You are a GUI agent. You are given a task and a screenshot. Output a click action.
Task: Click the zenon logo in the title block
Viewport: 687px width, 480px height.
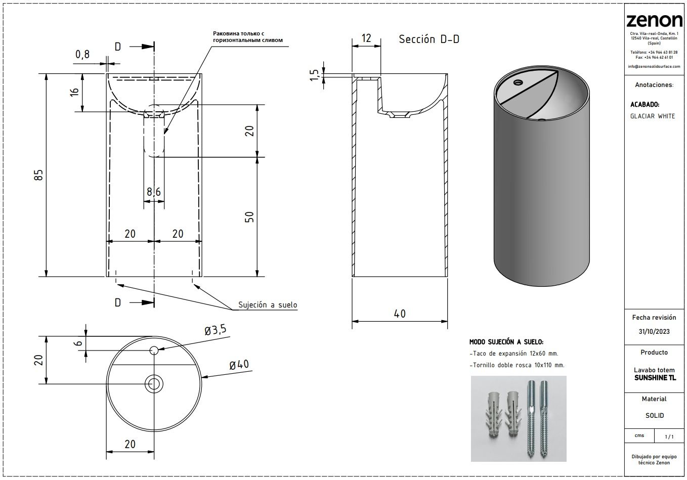(x=654, y=21)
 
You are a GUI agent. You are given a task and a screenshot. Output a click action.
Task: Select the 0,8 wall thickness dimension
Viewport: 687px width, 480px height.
(x=82, y=55)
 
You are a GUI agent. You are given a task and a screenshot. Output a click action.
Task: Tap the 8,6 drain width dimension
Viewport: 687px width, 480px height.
(x=154, y=192)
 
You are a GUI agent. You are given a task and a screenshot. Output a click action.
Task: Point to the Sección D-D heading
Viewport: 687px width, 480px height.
(x=428, y=39)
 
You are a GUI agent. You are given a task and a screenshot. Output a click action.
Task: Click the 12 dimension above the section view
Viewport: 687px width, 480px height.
(x=367, y=38)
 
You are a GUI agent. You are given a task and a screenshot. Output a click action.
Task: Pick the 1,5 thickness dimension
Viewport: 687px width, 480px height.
(x=315, y=75)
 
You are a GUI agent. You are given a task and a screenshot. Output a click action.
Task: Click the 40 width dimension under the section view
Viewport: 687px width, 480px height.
(x=400, y=314)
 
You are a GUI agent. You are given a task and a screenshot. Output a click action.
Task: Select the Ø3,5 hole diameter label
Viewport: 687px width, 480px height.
(x=215, y=331)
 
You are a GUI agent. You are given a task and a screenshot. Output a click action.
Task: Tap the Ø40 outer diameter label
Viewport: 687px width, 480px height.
(x=239, y=365)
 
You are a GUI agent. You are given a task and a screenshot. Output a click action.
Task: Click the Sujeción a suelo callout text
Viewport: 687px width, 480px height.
(x=268, y=305)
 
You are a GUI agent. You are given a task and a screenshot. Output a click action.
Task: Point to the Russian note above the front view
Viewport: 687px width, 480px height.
(x=247, y=37)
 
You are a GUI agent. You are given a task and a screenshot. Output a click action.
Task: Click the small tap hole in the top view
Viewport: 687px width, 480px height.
(x=154, y=350)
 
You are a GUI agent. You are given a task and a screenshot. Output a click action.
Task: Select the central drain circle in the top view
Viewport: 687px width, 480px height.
(x=154, y=383)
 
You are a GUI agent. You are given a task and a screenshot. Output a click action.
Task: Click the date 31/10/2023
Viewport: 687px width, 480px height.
(x=654, y=332)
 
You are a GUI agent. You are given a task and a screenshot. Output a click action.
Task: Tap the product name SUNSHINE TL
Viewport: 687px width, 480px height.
(x=655, y=378)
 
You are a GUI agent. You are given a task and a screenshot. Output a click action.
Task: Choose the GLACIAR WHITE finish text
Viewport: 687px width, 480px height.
(x=652, y=116)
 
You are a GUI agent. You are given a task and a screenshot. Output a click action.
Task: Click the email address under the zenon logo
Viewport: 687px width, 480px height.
(x=654, y=66)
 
